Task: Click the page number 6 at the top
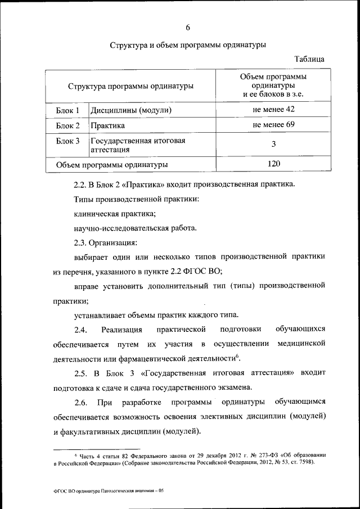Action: tap(187, 28)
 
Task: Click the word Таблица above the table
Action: tap(309, 59)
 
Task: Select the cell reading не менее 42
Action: tap(273, 109)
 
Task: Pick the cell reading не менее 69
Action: tap(273, 124)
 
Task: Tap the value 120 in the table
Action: tap(273, 164)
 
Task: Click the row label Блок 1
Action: tap(68, 110)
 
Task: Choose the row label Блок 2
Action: tap(68, 125)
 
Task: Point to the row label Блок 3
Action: tap(68, 141)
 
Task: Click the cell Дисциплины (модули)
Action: tap(130, 110)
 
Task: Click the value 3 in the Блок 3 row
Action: tap(273, 144)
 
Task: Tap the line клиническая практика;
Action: tap(115, 214)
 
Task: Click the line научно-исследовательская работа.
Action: tap(136, 228)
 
